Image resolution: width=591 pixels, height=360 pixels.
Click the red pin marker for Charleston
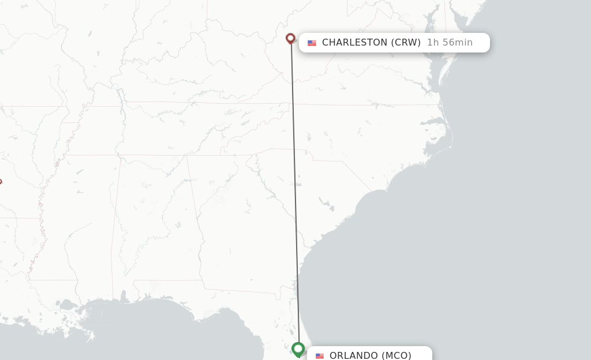(x=290, y=39)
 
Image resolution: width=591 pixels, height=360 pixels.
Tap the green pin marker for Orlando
(x=298, y=349)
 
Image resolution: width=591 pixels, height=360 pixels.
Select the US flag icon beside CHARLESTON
(x=312, y=43)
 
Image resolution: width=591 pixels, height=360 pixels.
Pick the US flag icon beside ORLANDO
(x=320, y=355)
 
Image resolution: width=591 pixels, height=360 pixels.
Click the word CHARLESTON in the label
(x=354, y=43)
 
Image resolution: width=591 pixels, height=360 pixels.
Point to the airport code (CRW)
(x=406, y=43)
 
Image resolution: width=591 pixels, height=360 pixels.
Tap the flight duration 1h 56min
(x=450, y=43)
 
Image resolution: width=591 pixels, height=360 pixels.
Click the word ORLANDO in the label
(x=354, y=355)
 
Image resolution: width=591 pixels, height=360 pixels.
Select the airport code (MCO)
(x=397, y=355)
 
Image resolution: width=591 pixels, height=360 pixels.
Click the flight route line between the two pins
(x=294, y=190)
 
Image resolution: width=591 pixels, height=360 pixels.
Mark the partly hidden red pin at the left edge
(x=1, y=182)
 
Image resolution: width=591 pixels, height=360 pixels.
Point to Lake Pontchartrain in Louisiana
(x=68, y=304)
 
